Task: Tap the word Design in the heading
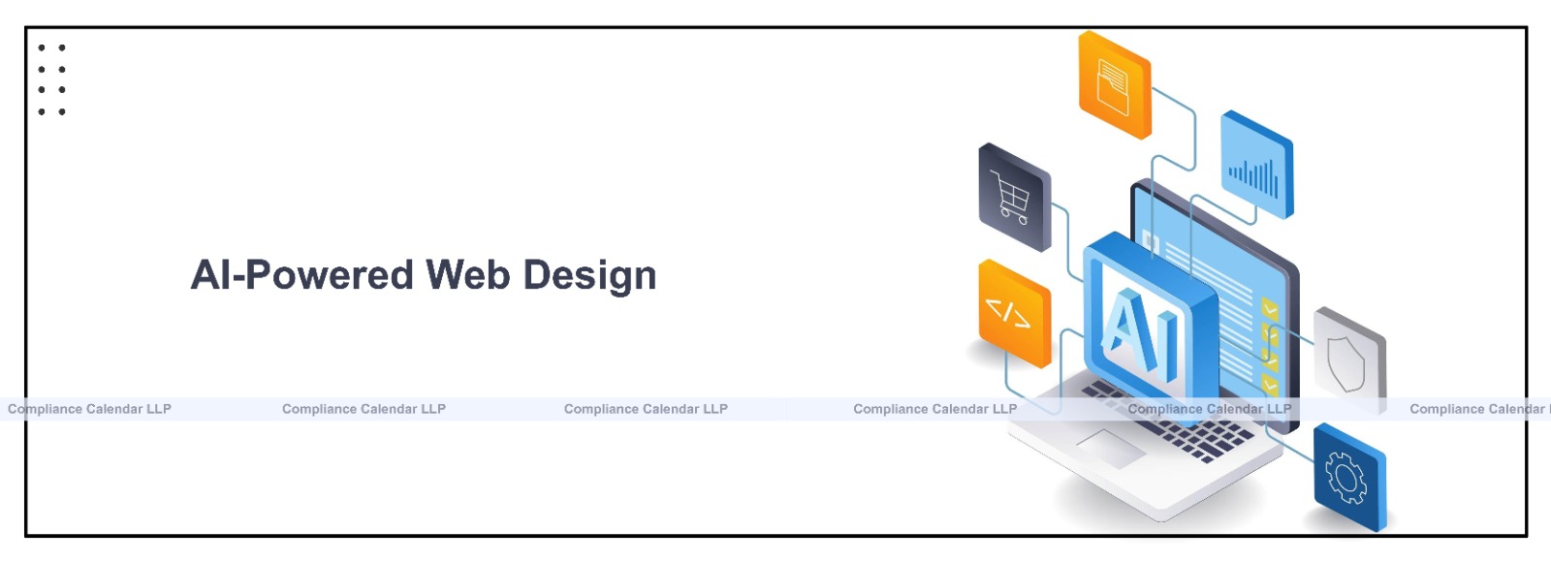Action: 589,277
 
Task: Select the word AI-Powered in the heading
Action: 302,275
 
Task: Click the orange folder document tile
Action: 1114,85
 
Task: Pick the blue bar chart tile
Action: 1256,165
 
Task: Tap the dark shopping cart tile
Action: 1014,198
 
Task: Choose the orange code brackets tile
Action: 1014,314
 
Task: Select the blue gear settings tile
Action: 1348,478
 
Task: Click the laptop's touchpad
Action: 1110,448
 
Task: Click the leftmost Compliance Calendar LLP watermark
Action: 89,409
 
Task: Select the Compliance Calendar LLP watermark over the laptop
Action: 1209,409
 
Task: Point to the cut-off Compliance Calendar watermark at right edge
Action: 1477,409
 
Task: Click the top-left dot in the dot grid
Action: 42,47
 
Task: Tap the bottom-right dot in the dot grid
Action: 62,112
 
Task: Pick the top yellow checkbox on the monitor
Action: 1269,310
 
